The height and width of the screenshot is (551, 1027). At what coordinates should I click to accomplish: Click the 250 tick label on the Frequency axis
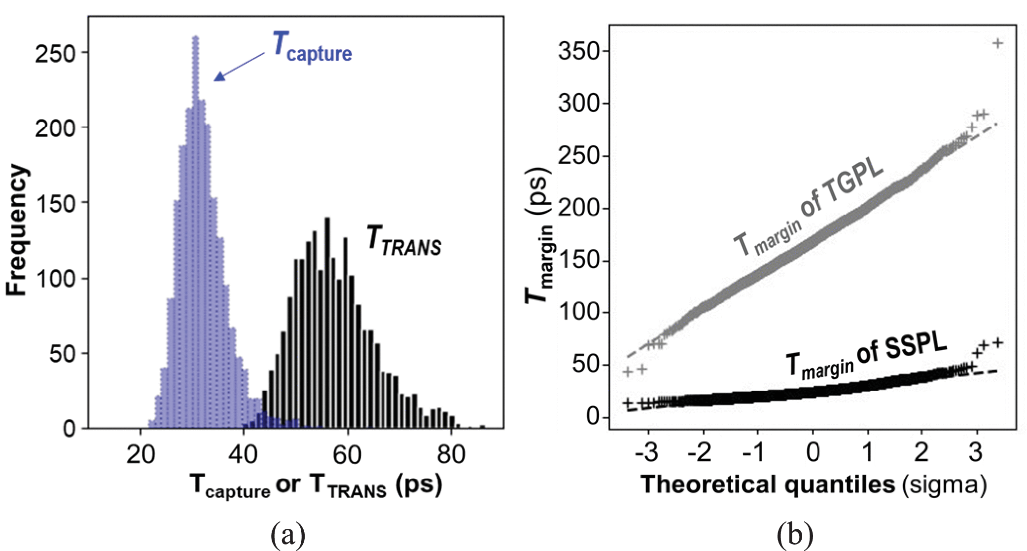55,53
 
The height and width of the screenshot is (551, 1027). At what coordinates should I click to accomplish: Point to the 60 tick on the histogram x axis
347,455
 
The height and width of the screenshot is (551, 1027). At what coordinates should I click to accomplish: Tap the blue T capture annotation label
312,47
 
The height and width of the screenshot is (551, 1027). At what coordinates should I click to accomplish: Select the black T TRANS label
404,241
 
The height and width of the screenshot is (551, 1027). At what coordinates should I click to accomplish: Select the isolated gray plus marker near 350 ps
997,43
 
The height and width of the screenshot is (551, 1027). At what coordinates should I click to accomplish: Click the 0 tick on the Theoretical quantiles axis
813,452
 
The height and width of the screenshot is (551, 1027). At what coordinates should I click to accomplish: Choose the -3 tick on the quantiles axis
646,452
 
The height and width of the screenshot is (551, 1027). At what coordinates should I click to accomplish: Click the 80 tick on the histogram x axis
451,455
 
